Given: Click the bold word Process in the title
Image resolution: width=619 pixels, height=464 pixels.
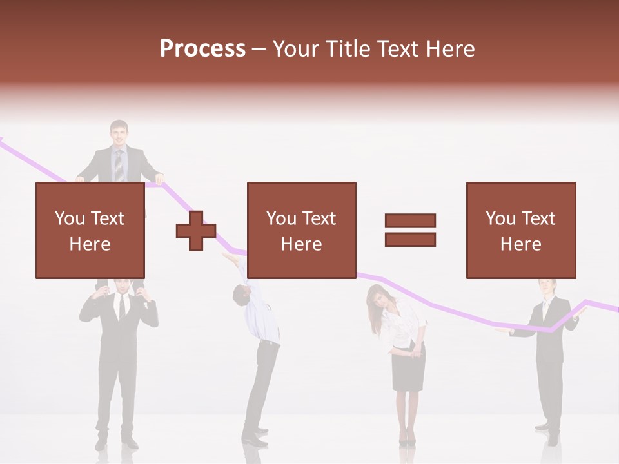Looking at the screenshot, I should pyautogui.click(x=202, y=49).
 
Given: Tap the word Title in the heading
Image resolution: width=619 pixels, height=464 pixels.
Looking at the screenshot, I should pyautogui.click(x=348, y=49).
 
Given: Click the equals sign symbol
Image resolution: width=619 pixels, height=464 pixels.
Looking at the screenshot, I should pyautogui.click(x=410, y=230).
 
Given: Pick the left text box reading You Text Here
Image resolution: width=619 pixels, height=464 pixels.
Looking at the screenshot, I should pyautogui.click(x=90, y=230).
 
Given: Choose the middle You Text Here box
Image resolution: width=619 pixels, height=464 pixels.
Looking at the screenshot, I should pyautogui.click(x=301, y=230).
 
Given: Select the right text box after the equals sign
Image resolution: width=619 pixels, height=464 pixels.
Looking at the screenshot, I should pyautogui.click(x=520, y=230).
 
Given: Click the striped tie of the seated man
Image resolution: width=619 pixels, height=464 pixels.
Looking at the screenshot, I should pyautogui.click(x=119, y=165).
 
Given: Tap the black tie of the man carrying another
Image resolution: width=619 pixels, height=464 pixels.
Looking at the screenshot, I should pyautogui.click(x=121, y=308).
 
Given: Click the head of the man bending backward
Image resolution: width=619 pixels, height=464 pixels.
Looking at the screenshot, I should pyautogui.click(x=240, y=295).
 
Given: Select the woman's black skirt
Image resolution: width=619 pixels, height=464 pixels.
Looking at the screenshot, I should pyautogui.click(x=409, y=371).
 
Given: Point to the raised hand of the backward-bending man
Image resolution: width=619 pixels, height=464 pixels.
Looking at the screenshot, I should pyautogui.click(x=230, y=258).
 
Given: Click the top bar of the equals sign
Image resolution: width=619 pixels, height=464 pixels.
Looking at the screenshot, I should pyautogui.click(x=410, y=221).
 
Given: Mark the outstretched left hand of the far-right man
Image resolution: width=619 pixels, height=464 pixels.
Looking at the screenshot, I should pyautogui.click(x=504, y=331).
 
